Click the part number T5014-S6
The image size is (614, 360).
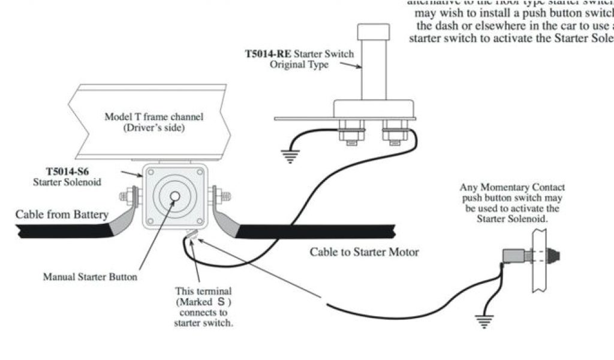tap(67, 171)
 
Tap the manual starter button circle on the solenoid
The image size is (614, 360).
tap(174, 196)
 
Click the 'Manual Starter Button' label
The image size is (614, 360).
tap(90, 277)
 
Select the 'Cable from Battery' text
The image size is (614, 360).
tap(62, 214)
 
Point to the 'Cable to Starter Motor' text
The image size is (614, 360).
tap(364, 252)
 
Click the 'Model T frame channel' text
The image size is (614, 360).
tap(153, 116)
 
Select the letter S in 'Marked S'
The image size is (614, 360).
tap(221, 302)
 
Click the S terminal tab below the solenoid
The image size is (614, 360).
tap(192, 236)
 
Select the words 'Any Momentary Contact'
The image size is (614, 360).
tap(512, 187)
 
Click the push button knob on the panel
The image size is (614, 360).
tap(558, 256)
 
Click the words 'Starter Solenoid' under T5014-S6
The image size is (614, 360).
tap(67, 182)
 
